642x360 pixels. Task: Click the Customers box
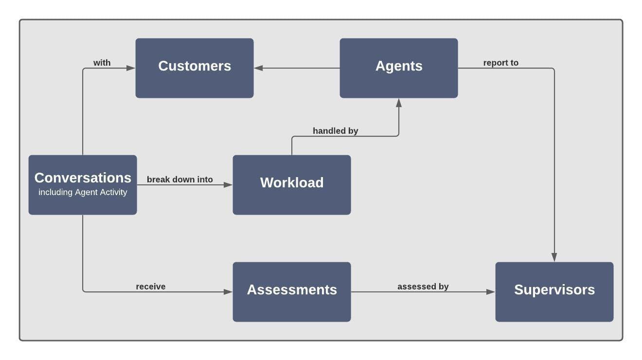tap(195, 68)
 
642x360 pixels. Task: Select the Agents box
tap(399, 68)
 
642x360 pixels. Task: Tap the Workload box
tap(292, 185)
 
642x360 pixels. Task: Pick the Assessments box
tap(292, 292)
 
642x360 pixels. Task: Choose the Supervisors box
tap(554, 292)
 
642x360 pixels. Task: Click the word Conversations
tap(83, 178)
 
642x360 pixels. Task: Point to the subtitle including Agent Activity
tap(83, 192)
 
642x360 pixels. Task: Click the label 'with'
tap(102, 63)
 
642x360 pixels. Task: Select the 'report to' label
tap(500, 63)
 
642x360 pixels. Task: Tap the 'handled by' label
tap(336, 131)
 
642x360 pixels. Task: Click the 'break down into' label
tap(180, 180)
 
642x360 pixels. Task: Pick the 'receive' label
tap(151, 287)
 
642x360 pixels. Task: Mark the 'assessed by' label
tap(423, 287)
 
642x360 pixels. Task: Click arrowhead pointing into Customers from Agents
tap(259, 68)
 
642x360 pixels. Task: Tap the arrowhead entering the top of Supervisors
tap(554, 257)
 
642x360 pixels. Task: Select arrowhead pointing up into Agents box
tap(399, 103)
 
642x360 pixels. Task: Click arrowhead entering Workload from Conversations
tap(228, 185)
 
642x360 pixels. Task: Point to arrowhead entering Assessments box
tap(228, 292)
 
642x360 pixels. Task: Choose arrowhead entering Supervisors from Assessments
tap(490, 292)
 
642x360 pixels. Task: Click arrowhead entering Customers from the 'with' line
tap(130, 68)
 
